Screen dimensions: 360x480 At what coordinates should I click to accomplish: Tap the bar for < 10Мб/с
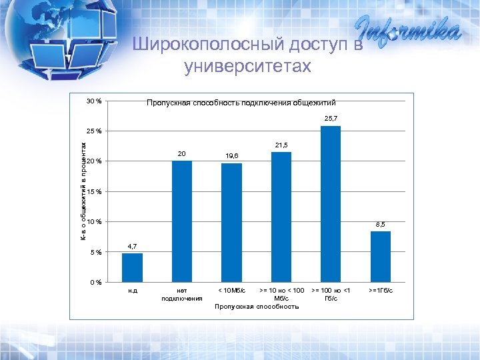tap(231, 223)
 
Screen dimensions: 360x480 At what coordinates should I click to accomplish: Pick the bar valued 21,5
tap(281, 217)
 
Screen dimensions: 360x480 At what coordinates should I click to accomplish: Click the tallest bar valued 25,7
tap(331, 203)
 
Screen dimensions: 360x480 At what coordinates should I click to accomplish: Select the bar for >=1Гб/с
tap(381, 256)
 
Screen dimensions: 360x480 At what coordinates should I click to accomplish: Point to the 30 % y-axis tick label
tap(93, 101)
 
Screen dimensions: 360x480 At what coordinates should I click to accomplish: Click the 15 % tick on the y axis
tap(93, 192)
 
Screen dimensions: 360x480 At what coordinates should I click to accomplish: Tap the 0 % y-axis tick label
tap(95, 282)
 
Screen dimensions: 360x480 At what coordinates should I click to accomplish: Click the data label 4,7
tap(132, 247)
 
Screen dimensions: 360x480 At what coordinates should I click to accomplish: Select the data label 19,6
tap(232, 156)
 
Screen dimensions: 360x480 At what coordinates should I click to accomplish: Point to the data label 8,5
tap(381, 225)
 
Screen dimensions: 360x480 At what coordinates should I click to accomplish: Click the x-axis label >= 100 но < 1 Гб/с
tap(331, 294)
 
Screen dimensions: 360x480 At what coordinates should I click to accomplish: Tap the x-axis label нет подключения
tap(181, 294)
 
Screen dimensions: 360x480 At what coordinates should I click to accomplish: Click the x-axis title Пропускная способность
tap(257, 307)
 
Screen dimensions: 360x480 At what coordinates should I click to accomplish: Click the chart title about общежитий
tap(241, 103)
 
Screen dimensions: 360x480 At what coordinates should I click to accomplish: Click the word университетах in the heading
tap(247, 66)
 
